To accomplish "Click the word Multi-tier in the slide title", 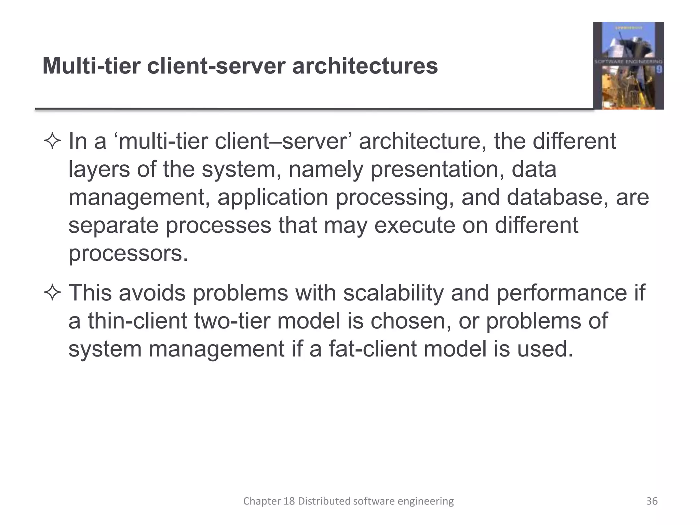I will point(91,66).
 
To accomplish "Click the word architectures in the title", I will point(365,66).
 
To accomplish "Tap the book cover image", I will point(628,66).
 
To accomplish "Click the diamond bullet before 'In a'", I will point(52,142).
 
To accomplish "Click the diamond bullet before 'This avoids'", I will point(52,293).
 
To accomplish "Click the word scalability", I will point(393,293).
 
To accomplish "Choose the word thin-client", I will point(137,321).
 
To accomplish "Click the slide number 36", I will point(652,501).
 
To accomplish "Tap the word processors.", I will point(128,254).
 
